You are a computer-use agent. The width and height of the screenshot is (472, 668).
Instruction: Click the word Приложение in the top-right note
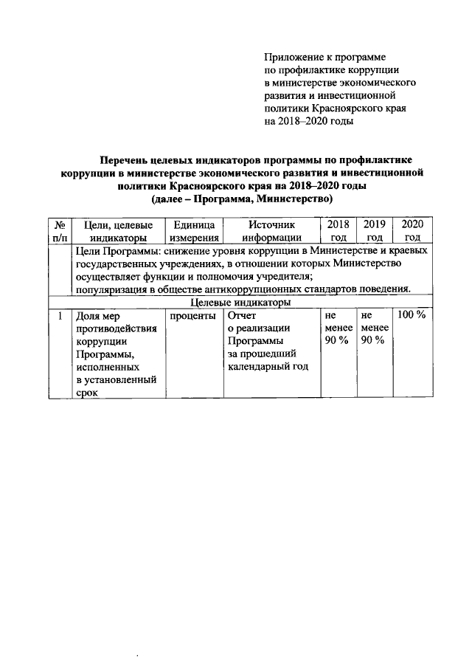pos(294,56)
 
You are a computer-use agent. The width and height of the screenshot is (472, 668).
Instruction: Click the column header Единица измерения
pos(193,231)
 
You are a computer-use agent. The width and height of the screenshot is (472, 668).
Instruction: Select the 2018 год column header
pos(338,231)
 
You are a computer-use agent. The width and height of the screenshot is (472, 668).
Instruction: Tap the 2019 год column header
pos(375,231)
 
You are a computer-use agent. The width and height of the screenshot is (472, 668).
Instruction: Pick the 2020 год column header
pos(413,231)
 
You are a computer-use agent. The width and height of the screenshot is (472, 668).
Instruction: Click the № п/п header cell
pos(59,231)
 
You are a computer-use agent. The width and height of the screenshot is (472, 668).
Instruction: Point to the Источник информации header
pos(271,231)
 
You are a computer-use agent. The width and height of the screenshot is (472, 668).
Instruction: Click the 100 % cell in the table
pos(412,315)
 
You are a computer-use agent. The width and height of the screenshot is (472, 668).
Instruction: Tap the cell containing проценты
pos(192,315)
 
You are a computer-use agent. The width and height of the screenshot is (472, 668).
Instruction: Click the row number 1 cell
pos(59,315)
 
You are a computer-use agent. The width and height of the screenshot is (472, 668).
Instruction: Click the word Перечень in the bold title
pos(127,159)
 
